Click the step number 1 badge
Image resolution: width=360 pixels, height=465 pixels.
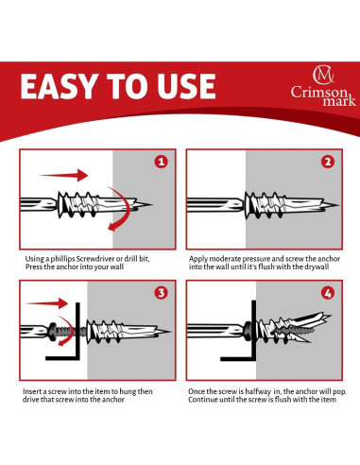point(162,162)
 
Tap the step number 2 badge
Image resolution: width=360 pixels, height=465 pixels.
point(327,162)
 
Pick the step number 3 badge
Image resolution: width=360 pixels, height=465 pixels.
point(162,293)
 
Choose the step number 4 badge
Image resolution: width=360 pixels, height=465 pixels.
point(327,293)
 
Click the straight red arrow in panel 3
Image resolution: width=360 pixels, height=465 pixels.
point(43,304)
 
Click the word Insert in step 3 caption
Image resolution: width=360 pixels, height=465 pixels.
point(34,390)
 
